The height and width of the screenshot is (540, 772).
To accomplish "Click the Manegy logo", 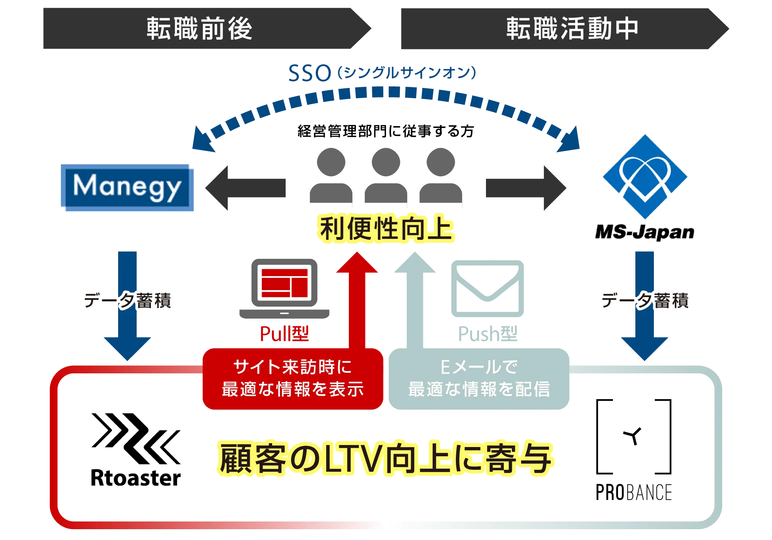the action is point(127,188).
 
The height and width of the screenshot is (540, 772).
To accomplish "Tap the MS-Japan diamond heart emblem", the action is point(645,177).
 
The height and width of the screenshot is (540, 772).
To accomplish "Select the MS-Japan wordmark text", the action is point(645,232).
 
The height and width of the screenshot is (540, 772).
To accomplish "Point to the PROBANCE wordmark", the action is point(634,492).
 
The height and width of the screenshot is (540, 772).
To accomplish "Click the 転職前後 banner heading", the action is point(199,29).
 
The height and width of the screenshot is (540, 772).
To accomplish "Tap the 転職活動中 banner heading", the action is point(572,29).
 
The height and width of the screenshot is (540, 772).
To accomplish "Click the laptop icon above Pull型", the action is point(284,289).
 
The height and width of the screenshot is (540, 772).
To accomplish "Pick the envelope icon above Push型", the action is point(488,289).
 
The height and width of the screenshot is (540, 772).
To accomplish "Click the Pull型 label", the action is point(284,334).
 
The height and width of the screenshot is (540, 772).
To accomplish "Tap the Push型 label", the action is point(488,334).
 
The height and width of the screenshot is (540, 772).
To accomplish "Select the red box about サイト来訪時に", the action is point(293,379).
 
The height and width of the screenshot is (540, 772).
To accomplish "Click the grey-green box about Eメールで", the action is point(479,379).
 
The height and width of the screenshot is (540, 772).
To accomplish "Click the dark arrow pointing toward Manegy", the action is point(245,188).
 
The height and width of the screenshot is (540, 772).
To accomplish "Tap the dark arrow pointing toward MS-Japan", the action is point(526,188).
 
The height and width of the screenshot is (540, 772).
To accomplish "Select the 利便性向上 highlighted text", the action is point(386,228).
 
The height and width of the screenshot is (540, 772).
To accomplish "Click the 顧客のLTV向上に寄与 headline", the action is point(385,458).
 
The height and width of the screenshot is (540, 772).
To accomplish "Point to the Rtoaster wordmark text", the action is point(136,478).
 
